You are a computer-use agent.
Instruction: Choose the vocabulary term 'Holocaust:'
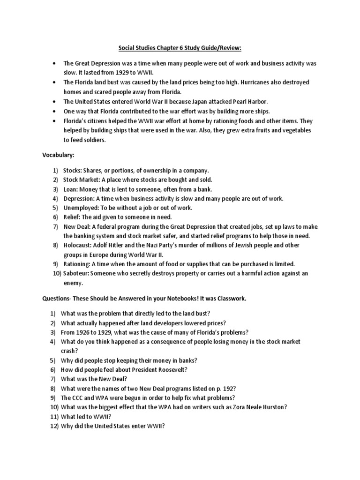coord(78,245)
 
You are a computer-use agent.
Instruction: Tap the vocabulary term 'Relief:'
coord(72,217)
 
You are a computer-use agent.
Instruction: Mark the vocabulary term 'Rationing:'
coord(78,264)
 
